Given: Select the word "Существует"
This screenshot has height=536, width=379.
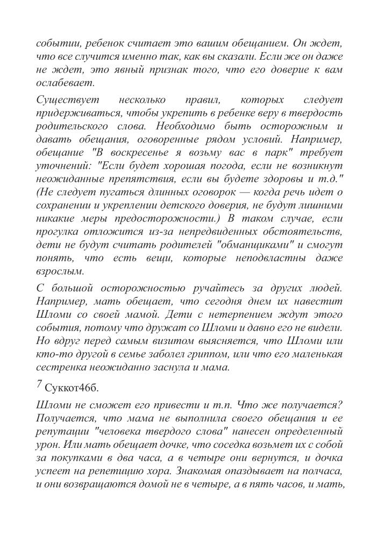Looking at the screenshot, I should tap(63, 100).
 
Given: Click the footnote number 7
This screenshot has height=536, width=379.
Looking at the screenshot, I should tap(39, 384).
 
